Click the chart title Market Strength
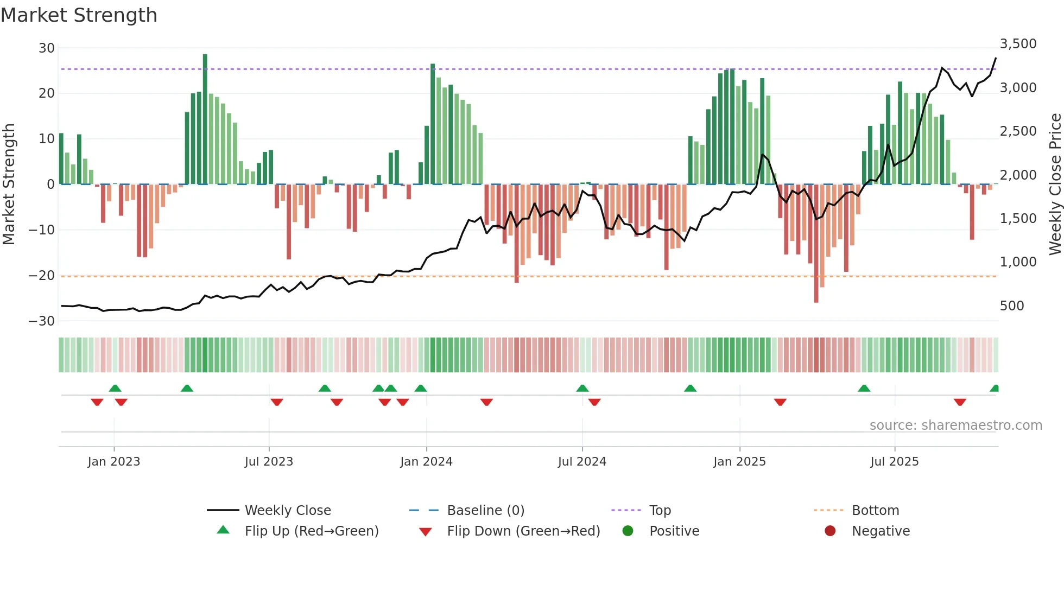[x=79, y=15]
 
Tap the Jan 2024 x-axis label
[x=426, y=462]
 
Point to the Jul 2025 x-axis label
[x=894, y=462]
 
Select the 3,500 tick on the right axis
[x=1018, y=44]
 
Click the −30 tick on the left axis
[x=42, y=321]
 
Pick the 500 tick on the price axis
[x=1011, y=306]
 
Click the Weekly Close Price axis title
[x=1055, y=184]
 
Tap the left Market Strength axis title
[x=9, y=184]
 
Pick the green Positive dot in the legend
[x=628, y=531]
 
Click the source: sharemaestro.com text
[x=955, y=425]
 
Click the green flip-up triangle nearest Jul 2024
[x=582, y=389]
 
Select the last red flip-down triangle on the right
[x=960, y=402]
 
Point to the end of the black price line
[x=996, y=58]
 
